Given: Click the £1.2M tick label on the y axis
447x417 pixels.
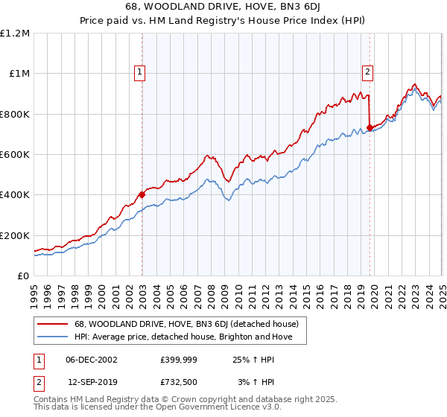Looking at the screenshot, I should click(15, 33).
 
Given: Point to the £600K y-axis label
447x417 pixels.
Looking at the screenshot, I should click(15, 154).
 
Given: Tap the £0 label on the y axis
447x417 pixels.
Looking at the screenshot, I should click(23, 276).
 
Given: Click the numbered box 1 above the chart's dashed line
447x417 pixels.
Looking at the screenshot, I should click(140, 72).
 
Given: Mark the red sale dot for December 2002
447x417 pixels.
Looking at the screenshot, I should click(142, 195).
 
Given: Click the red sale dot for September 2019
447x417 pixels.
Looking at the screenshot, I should click(370, 127).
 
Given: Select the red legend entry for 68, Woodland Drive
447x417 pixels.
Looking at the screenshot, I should click(186, 324).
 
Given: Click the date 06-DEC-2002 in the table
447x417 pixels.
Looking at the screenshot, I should click(92, 360).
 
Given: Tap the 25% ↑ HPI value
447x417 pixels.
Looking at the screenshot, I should click(253, 360).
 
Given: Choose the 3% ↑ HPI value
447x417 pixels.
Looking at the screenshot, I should click(255, 383).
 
